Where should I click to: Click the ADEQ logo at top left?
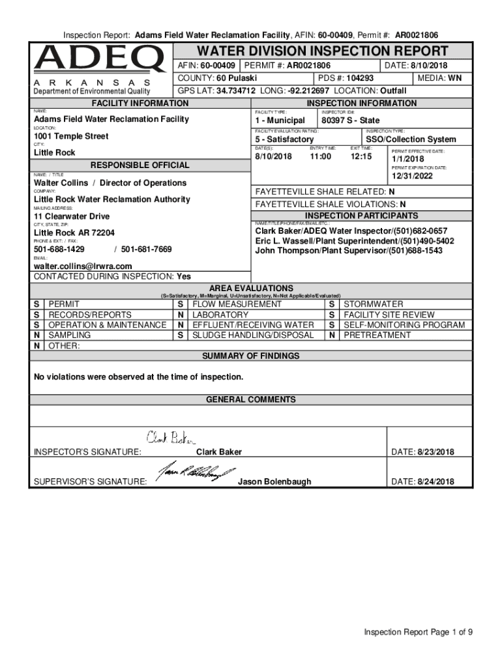coord(99,60)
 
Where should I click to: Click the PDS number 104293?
coord(360,78)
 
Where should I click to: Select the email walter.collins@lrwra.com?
coord(83,266)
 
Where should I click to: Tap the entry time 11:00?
coord(320,156)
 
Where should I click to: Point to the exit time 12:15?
coord(361,156)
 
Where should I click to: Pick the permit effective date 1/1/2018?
coord(407,160)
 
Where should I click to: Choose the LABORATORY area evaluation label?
coord(220,315)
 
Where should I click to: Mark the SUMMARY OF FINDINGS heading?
coord(250,356)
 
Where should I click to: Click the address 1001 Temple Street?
coord(71,137)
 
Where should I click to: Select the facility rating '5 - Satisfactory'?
coord(284,139)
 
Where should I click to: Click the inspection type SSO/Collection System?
coord(411,139)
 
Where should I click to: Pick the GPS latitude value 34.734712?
coord(236,91)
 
